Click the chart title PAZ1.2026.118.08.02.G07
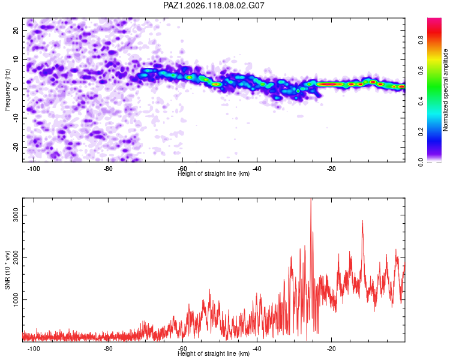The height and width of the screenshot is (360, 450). pos(214,5)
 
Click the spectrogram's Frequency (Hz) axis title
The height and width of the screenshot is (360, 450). pos(7,90)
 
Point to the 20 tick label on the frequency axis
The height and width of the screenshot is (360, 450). pos(16,30)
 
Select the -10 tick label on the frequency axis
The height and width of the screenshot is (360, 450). pos(16,118)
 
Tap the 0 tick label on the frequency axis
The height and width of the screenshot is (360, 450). pos(16,89)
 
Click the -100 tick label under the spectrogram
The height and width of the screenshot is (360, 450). pos(34,169)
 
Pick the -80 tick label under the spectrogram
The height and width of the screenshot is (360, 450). pos(108,169)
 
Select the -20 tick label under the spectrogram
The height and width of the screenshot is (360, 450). pos(331,169)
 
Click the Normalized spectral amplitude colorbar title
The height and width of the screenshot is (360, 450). pos(445,90)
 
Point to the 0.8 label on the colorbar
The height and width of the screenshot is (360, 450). pos(421,40)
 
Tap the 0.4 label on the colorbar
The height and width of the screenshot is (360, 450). pos(421,101)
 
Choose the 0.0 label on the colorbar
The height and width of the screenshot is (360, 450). pos(421,162)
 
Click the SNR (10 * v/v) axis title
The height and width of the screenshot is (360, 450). pos(7,270)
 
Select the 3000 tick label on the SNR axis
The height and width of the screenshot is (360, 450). pos(16,215)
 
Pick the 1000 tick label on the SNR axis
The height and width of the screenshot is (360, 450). pos(16,300)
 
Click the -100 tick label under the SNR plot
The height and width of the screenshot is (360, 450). pos(34,349)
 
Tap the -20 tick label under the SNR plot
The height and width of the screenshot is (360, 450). pos(331,349)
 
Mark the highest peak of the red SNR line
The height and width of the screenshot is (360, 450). pos(311,199)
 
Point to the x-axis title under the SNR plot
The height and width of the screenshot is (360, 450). pos(214,353)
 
